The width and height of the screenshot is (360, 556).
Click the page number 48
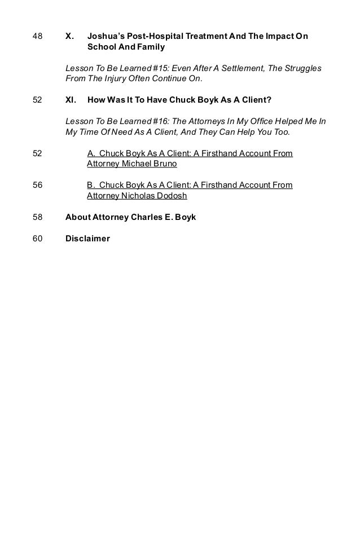point(38,37)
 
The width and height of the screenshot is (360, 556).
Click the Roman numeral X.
point(69,37)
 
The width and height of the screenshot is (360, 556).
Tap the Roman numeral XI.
point(71,100)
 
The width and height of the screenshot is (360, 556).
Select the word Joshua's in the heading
point(105,37)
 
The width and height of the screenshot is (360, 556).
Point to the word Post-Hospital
point(154,37)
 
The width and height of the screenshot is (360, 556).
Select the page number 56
point(38,185)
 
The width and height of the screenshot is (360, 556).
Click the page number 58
point(38,217)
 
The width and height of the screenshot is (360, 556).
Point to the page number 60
point(38,239)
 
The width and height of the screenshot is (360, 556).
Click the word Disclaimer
point(87,239)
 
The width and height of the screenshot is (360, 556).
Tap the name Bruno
point(164,164)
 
